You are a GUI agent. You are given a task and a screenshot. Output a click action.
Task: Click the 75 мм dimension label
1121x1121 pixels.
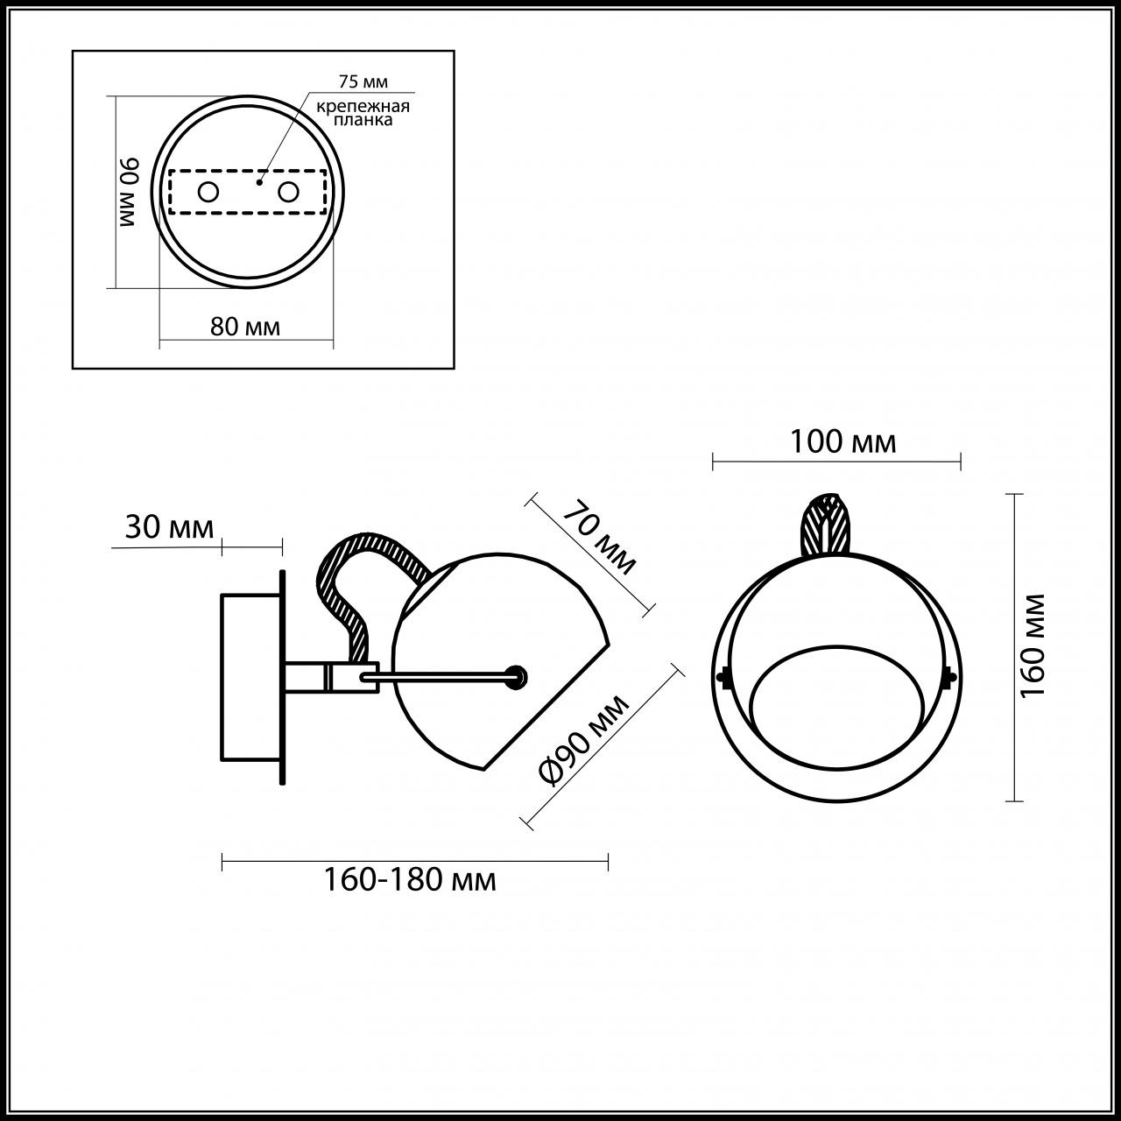(x=363, y=81)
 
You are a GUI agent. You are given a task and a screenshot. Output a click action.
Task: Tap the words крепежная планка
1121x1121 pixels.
(x=363, y=113)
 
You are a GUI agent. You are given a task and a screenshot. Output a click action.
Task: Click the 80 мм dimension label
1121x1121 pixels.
(x=245, y=327)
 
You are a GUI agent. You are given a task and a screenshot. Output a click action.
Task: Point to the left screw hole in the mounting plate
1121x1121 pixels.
(x=208, y=191)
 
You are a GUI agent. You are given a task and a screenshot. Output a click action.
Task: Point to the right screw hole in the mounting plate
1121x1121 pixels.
(x=288, y=191)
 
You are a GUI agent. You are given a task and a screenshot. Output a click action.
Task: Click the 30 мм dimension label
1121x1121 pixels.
(x=169, y=527)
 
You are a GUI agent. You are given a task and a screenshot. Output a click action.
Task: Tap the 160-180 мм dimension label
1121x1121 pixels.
(x=410, y=878)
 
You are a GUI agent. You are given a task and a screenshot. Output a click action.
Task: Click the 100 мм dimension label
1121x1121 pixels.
(x=843, y=442)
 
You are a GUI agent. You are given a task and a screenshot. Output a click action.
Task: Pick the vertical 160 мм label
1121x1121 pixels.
(x=1034, y=645)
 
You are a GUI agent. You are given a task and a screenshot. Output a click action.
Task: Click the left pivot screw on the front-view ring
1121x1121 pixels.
(x=723, y=676)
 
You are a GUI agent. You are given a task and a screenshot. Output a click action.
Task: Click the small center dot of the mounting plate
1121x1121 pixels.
(x=258, y=183)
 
